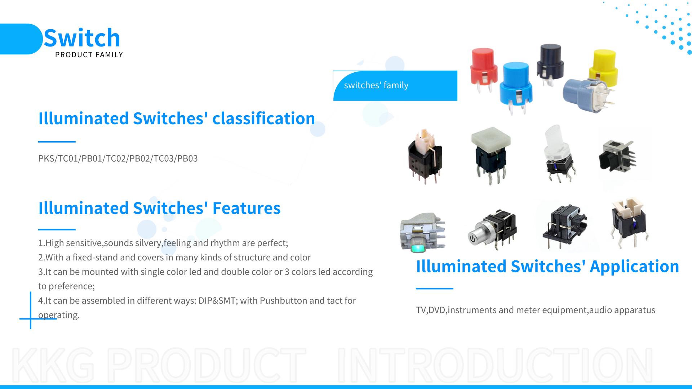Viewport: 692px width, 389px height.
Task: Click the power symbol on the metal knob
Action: (x=472, y=238)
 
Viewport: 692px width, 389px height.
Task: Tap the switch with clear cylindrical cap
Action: (x=555, y=153)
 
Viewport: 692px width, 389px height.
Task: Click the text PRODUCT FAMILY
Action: (x=89, y=55)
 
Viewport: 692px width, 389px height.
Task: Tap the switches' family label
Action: (x=376, y=85)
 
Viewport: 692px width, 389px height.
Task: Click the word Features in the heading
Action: (x=247, y=208)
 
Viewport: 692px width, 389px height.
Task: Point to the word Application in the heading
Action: (x=634, y=266)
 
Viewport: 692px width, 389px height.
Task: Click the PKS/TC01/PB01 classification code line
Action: (x=118, y=158)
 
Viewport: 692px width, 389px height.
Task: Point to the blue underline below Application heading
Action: (x=434, y=289)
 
